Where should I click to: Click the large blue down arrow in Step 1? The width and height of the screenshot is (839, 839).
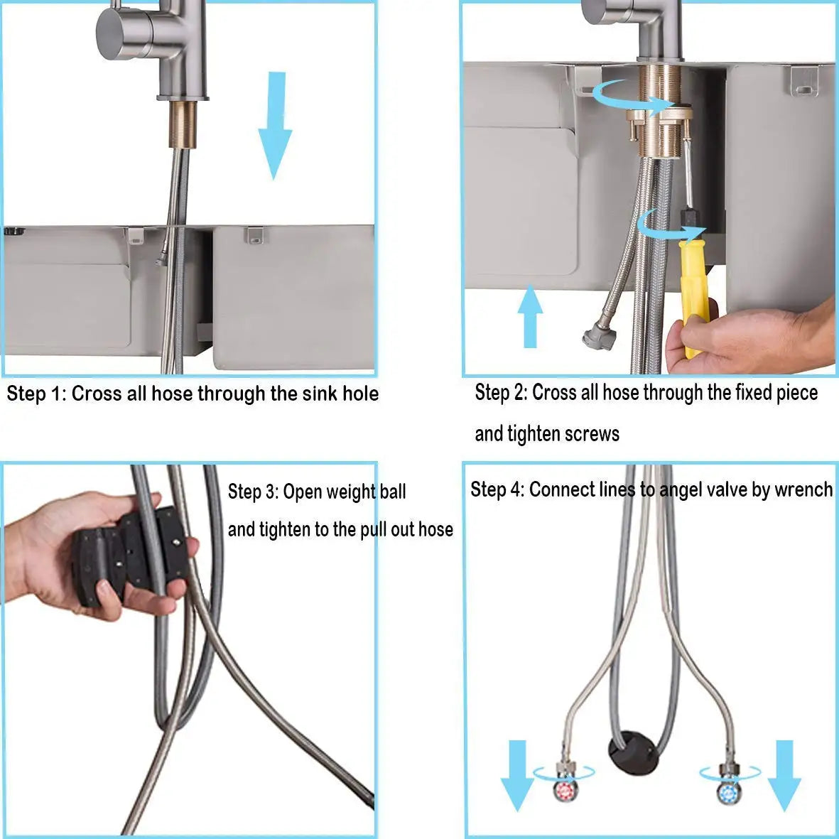275,125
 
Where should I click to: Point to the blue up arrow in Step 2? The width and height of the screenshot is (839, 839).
530,316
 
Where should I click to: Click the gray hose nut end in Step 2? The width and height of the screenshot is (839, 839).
597,337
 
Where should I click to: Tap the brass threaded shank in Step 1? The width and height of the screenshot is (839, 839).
183,124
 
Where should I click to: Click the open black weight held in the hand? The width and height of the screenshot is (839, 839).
130,556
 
